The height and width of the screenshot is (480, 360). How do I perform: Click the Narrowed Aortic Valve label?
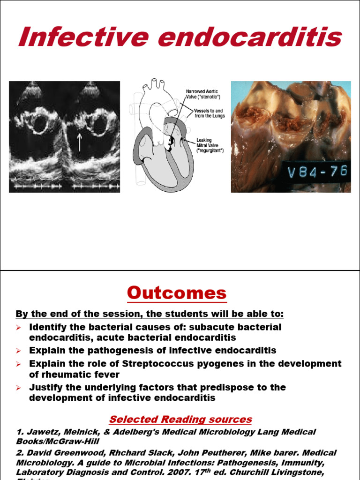coord(202,94)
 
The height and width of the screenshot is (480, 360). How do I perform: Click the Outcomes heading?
coord(177,293)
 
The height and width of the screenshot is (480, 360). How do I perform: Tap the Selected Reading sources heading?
coord(180,419)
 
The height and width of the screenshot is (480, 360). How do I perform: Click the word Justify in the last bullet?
coord(46,387)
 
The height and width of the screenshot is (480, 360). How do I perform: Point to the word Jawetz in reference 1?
coord(41,432)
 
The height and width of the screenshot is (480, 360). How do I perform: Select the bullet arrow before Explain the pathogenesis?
coord(19,351)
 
